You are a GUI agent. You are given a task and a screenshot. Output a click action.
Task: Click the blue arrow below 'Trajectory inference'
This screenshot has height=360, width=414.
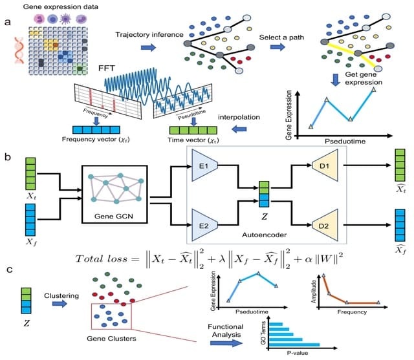click(x=148, y=47)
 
